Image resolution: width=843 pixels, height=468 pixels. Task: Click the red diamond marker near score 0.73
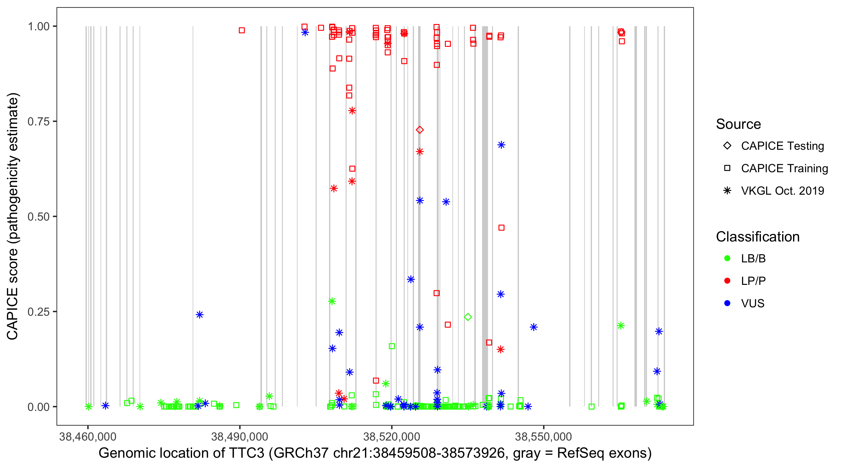(x=420, y=130)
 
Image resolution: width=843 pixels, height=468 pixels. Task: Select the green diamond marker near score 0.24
(x=468, y=317)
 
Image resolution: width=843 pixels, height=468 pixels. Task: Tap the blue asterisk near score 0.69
(x=501, y=145)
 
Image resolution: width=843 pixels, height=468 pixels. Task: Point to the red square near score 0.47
(x=501, y=228)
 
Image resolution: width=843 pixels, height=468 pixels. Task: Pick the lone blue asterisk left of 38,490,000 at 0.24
(x=200, y=314)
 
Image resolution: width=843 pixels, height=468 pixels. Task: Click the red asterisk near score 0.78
(x=352, y=110)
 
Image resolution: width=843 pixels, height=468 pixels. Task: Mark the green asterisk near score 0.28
(x=332, y=301)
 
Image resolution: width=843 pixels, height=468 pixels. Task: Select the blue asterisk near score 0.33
(x=411, y=279)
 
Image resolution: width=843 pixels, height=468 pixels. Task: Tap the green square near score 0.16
(x=392, y=346)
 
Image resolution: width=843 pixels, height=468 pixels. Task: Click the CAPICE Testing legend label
(x=782, y=146)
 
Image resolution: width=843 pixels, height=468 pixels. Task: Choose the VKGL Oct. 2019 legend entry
(x=782, y=191)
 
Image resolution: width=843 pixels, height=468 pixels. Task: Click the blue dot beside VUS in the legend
(x=727, y=303)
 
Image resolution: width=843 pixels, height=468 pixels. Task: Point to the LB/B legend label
(x=753, y=258)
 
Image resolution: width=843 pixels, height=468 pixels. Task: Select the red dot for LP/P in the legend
(x=727, y=281)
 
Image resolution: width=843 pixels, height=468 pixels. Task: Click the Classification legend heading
(x=757, y=236)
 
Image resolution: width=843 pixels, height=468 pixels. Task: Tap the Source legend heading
(x=738, y=124)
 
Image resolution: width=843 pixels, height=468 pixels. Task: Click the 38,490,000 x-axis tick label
(x=239, y=436)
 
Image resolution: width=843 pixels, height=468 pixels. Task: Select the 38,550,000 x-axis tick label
(x=543, y=436)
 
